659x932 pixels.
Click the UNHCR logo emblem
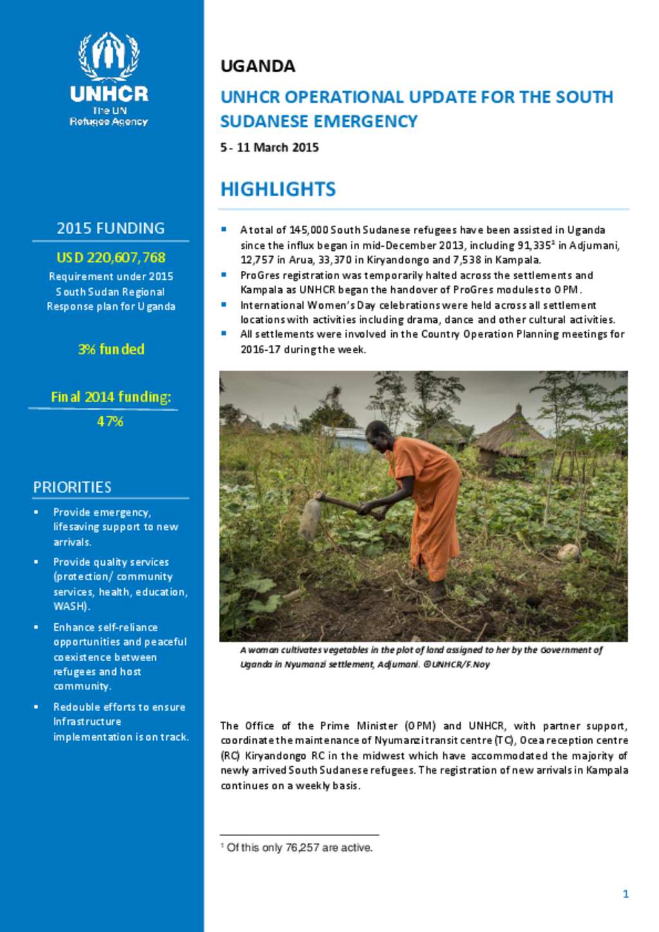click(109, 56)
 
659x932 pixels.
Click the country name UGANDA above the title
click(257, 66)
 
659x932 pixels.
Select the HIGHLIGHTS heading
click(278, 189)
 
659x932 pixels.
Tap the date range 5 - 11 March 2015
click(270, 147)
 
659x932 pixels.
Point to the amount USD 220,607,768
click(111, 257)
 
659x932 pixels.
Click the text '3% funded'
click(111, 349)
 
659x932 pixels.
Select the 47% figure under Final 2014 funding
click(110, 421)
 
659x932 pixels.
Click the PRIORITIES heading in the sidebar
click(72, 487)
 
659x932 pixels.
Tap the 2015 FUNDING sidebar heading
click(111, 228)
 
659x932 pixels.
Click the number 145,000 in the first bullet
click(308, 230)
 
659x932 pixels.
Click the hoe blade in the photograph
click(310, 512)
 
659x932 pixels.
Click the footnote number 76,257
click(302, 848)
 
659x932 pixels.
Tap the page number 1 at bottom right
click(626, 893)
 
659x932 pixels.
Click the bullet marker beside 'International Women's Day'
click(224, 304)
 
